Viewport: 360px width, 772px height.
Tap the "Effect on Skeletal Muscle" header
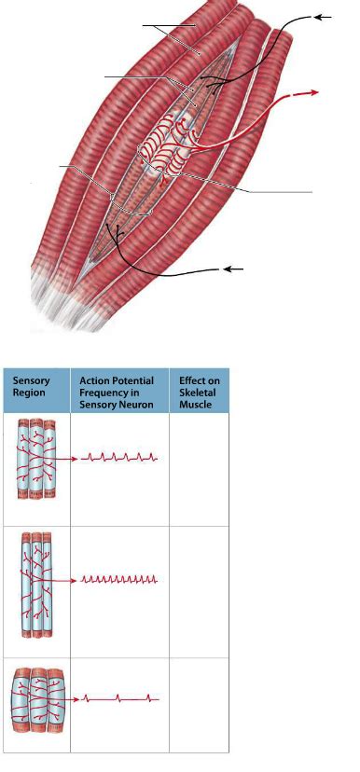point(199,392)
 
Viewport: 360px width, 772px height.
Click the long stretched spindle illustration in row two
point(35,584)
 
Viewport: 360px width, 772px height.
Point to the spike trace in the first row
point(120,458)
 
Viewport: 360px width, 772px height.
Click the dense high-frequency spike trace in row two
point(120,579)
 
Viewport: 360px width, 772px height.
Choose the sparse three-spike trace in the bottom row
point(120,697)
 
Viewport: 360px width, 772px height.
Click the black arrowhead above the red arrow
point(323,16)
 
